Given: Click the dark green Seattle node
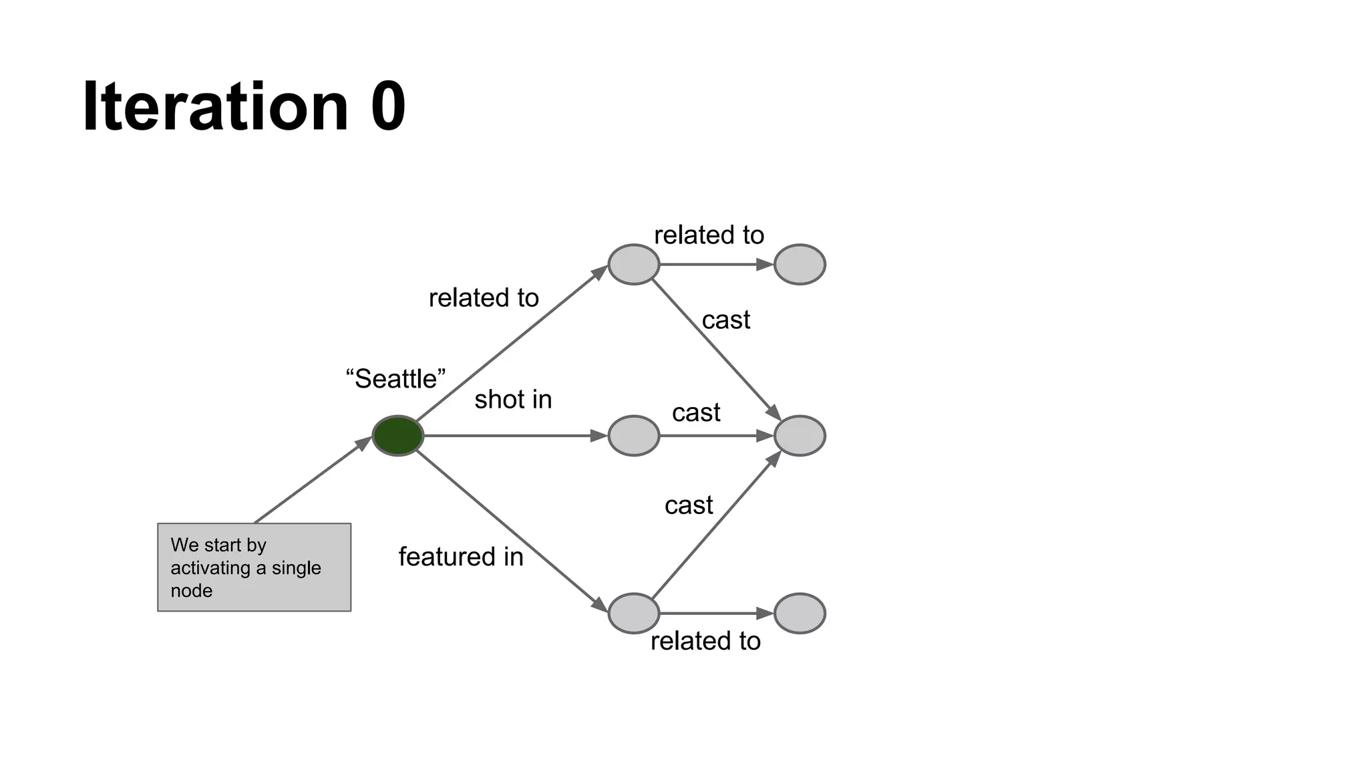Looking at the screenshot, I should (398, 436).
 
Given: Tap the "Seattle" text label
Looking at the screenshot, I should (395, 379).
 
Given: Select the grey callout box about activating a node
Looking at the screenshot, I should (254, 567).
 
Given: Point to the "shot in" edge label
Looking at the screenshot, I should (513, 400).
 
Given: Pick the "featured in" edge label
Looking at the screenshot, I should (461, 557).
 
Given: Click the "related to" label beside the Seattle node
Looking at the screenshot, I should (484, 298).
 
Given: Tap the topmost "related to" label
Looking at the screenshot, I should (709, 235).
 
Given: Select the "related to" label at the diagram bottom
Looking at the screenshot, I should (705, 641).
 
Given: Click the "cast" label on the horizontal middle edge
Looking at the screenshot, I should (696, 413).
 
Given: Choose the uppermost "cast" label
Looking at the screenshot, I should (726, 320).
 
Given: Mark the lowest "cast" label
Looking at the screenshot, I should (689, 505).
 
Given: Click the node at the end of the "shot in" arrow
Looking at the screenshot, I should (634, 436).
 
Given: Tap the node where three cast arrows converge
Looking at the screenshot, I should (800, 436).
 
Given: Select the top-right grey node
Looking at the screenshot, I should (800, 265).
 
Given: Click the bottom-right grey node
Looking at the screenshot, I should (800, 614).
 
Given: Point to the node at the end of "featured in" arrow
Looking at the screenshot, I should (634, 614).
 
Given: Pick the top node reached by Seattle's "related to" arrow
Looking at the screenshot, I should (634, 265).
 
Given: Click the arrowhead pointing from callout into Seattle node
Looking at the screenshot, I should (364, 443).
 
